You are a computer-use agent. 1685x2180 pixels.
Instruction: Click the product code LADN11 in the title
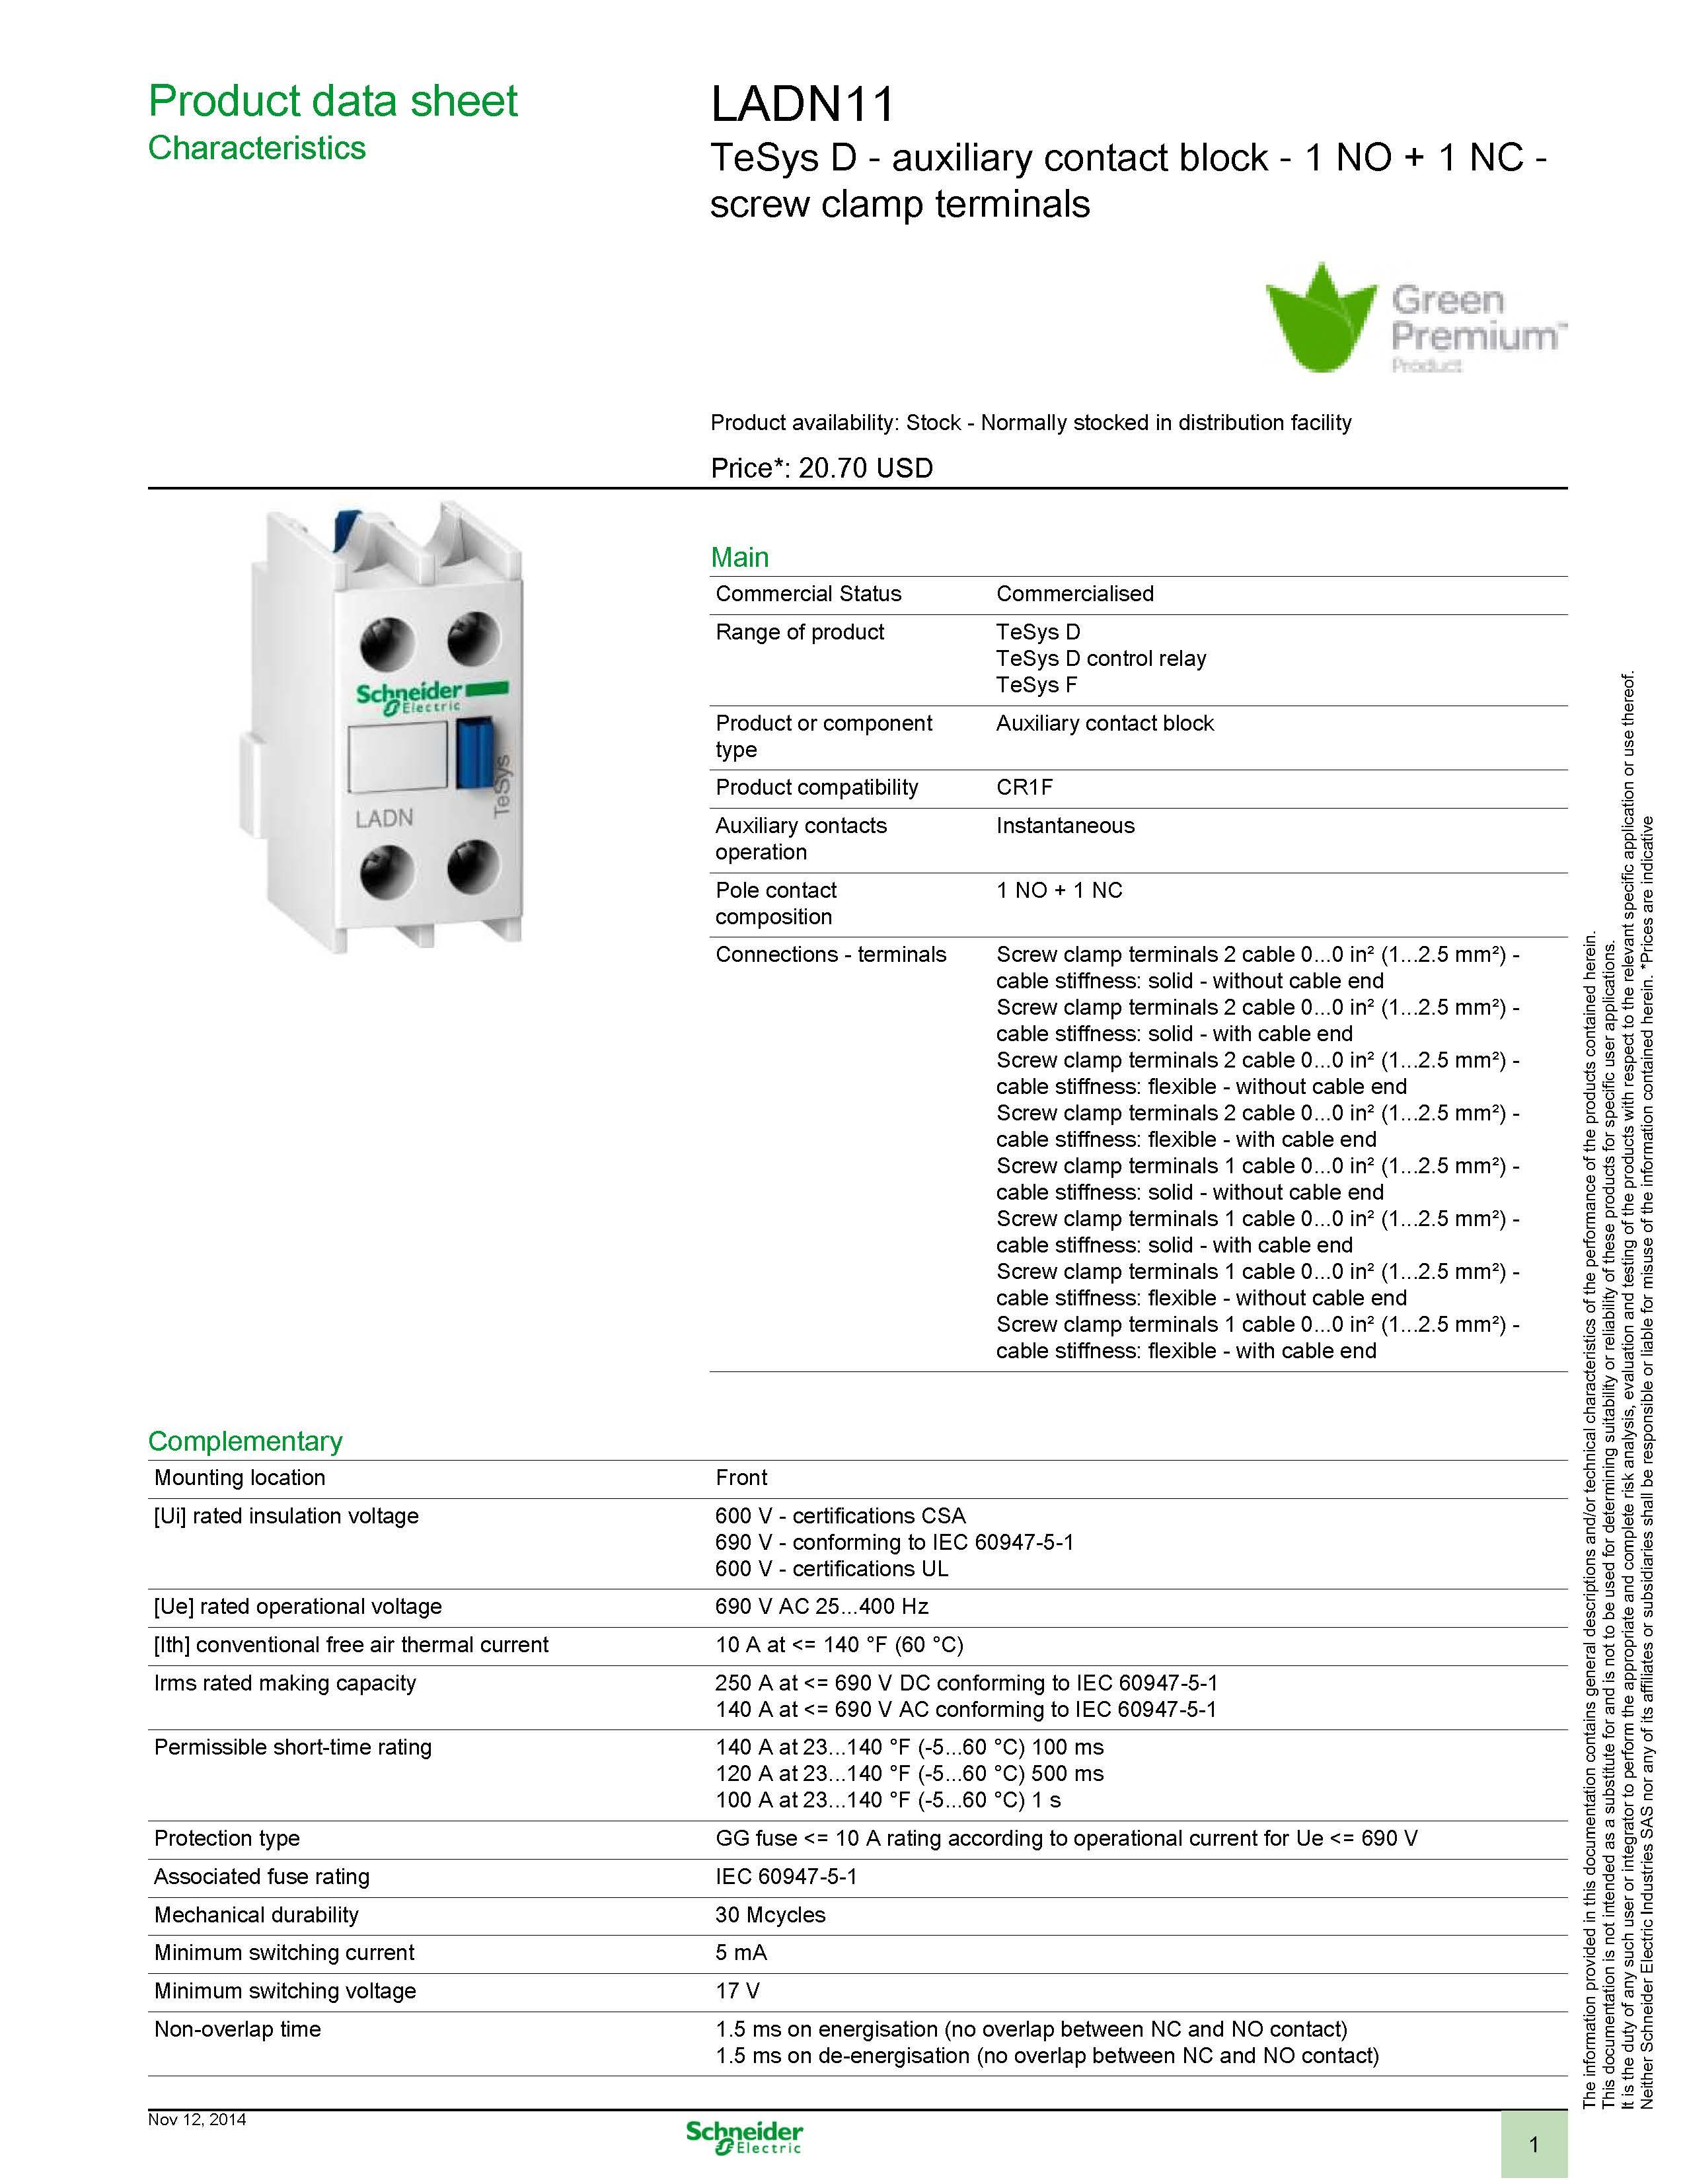point(803,104)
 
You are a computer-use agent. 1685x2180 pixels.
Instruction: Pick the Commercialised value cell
point(1074,594)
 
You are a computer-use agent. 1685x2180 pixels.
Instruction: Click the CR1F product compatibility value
point(1024,787)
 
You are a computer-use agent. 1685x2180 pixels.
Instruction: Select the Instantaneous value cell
point(1065,826)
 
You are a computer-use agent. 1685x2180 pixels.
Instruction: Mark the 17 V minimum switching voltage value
point(737,1990)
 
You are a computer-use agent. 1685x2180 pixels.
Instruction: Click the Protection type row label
point(227,1838)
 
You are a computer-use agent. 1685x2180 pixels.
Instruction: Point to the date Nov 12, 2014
point(197,2119)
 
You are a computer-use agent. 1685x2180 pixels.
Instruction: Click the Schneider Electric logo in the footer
point(743,2137)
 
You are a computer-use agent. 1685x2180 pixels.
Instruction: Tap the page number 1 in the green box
point(1533,2144)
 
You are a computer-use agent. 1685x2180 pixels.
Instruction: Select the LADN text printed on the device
point(385,818)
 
